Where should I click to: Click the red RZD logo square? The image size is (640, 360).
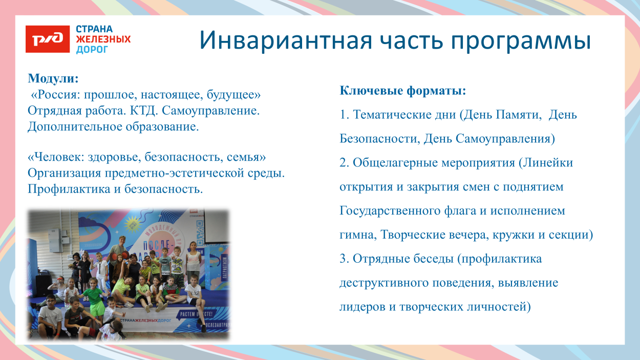pyautogui.click(x=47, y=39)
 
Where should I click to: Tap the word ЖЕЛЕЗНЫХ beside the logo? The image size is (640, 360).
pyautogui.click(x=103, y=39)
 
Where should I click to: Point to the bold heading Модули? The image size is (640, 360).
pyautogui.click(x=53, y=79)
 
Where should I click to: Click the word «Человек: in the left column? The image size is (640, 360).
pyautogui.click(x=56, y=157)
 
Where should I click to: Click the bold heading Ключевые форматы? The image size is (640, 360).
pyautogui.click(x=403, y=91)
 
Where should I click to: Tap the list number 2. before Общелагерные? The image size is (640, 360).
pyautogui.click(x=345, y=163)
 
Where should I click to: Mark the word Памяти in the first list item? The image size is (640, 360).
pyautogui.click(x=518, y=115)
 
